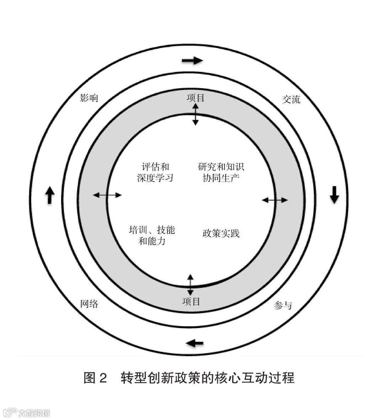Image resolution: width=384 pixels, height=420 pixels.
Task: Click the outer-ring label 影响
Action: tap(89, 98)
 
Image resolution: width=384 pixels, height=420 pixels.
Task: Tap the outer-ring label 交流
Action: tap(291, 99)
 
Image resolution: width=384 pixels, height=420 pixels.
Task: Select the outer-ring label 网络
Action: tap(89, 304)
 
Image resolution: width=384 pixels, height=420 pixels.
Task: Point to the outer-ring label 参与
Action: tap(283, 305)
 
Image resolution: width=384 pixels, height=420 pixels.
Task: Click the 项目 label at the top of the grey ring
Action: tap(196, 98)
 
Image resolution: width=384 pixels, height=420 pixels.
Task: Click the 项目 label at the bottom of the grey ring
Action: tap(191, 302)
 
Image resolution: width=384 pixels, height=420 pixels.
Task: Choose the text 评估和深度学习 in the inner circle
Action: tap(155, 172)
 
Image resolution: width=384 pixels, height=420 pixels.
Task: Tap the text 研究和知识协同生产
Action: tap(221, 172)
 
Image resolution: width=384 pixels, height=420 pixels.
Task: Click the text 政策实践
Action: tap(221, 233)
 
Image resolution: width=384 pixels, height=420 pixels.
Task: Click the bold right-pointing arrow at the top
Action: tap(192, 60)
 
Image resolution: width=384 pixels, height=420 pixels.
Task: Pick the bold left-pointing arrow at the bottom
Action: tap(194, 343)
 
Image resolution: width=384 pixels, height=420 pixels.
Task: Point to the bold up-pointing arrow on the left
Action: tap(49, 195)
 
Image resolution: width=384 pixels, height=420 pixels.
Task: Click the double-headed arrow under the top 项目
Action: tap(195, 114)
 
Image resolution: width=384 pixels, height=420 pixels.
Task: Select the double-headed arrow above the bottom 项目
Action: tap(190, 285)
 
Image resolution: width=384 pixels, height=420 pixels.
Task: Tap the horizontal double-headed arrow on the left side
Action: tap(107, 195)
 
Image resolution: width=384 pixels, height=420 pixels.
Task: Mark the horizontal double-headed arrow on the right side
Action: tap(274, 200)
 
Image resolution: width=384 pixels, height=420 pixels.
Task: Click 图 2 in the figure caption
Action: tap(95, 378)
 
